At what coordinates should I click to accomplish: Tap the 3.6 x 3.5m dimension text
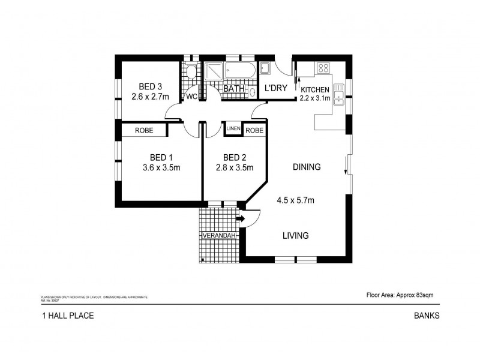[x=161, y=168]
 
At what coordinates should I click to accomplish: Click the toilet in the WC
[x=191, y=74]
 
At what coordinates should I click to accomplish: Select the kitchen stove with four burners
[x=323, y=68]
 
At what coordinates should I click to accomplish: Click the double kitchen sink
[x=339, y=94]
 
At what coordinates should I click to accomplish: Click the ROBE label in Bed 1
[x=143, y=130]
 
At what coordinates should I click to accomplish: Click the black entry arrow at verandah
[x=241, y=220]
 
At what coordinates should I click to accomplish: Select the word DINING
[x=307, y=167]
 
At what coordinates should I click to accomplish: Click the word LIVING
[x=295, y=236]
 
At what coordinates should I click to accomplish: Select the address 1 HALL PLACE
[x=67, y=315]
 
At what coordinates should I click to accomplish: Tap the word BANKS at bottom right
[x=427, y=315]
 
